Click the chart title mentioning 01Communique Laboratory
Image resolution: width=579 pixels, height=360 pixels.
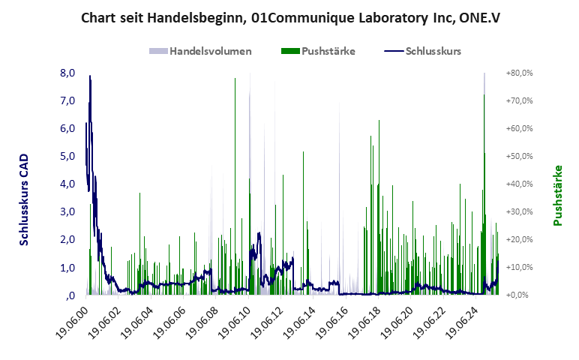point(290,17)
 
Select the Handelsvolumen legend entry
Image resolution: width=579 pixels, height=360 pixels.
point(201,51)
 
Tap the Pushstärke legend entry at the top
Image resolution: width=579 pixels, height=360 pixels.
point(317,51)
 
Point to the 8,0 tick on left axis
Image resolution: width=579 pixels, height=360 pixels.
point(68,73)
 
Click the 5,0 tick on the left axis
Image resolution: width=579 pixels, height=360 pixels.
point(68,157)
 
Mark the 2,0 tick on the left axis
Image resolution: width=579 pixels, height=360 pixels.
point(68,240)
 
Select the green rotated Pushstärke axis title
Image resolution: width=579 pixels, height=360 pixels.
point(557,196)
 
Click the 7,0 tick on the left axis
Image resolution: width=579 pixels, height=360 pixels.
point(68,101)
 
